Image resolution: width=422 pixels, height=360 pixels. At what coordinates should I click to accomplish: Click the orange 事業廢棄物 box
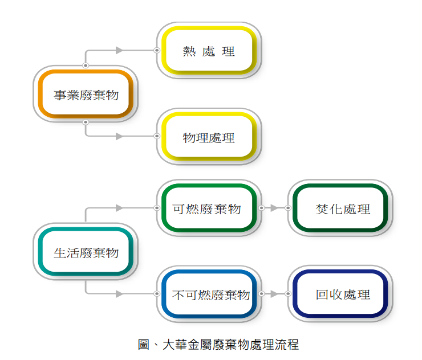[86, 94]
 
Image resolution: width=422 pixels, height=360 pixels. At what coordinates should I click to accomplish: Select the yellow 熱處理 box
[209, 51]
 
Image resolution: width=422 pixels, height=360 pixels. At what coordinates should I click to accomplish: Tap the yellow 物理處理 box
[209, 137]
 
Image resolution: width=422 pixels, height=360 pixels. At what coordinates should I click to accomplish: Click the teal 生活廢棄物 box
[86, 252]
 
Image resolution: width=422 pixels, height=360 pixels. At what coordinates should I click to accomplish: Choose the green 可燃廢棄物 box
[209, 208]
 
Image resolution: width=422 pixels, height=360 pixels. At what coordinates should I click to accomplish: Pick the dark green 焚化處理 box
[340, 208]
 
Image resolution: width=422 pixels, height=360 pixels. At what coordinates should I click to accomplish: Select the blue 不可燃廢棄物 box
[209, 294]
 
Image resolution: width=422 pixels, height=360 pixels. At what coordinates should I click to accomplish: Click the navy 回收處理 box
[340, 294]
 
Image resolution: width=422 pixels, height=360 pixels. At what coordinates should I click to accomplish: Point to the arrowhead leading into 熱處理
[120, 50]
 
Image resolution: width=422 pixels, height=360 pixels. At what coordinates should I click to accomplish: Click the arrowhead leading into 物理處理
[120, 136]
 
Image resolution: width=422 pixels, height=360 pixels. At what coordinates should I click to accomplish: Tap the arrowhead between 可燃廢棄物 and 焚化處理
[275, 208]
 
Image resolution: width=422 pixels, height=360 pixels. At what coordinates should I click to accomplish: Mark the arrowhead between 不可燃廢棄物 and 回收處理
[275, 294]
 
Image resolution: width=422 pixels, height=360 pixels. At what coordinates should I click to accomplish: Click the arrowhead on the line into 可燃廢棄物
[120, 208]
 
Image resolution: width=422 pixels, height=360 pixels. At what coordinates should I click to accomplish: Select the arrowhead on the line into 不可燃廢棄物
[120, 294]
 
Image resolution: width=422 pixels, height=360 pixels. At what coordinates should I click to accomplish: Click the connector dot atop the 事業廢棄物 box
[86, 66]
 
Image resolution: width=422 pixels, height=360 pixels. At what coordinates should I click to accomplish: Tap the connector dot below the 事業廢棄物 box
[86, 122]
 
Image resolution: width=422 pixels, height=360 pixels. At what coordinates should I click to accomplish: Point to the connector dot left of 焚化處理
[288, 208]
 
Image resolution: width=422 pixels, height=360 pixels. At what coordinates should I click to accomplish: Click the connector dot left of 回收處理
[288, 294]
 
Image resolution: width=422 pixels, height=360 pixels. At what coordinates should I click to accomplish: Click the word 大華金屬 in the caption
[184, 344]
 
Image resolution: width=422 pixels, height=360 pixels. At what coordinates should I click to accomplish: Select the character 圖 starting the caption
[144, 344]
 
